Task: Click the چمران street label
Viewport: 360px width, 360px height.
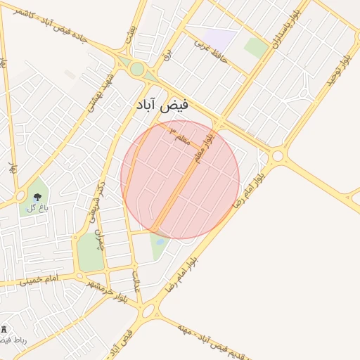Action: point(99,238)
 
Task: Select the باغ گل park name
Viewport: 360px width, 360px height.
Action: point(37,208)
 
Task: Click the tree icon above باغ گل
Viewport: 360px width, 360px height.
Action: point(37,198)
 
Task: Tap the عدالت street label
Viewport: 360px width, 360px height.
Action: point(137,279)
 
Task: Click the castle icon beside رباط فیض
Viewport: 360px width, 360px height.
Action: point(4,329)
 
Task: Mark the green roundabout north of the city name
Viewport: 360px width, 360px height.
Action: point(137,69)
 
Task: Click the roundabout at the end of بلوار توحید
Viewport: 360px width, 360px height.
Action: point(278,155)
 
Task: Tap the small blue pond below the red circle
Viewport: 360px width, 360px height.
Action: point(160,242)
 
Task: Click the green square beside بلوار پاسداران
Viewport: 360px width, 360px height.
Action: point(256,47)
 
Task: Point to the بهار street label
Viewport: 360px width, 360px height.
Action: point(12,169)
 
